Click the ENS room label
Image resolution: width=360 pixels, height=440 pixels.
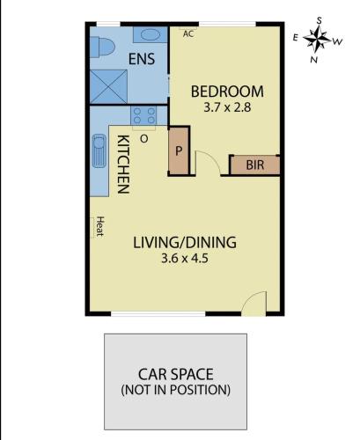click(x=142, y=59)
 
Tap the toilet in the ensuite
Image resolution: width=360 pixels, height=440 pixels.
click(x=102, y=47)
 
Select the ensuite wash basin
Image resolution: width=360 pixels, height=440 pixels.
click(x=151, y=35)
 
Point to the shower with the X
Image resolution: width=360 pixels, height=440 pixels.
click(x=108, y=86)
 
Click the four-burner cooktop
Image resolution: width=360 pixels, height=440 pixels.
click(x=143, y=115)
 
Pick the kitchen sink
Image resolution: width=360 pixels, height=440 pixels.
click(x=99, y=150)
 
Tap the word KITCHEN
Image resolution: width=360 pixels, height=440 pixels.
click(x=123, y=165)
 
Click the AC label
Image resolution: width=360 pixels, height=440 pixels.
click(x=188, y=33)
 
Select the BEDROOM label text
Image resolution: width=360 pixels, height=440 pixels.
click(x=227, y=92)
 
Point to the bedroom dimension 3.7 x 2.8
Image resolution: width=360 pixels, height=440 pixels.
click(x=227, y=107)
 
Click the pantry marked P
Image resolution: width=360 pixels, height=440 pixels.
click(x=179, y=150)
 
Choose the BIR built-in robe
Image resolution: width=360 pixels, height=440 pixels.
click(x=254, y=165)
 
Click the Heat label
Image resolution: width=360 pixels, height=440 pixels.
click(x=100, y=226)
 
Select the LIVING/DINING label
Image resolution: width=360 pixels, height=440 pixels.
click(x=185, y=243)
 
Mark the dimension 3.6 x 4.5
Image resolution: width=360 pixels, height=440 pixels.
click(x=185, y=259)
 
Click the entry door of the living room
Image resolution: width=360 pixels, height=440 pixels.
click(x=254, y=302)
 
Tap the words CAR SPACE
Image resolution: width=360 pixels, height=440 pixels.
click(x=176, y=374)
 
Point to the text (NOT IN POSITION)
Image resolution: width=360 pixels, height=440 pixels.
click(x=176, y=390)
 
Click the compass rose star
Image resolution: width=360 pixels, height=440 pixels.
click(x=317, y=39)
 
